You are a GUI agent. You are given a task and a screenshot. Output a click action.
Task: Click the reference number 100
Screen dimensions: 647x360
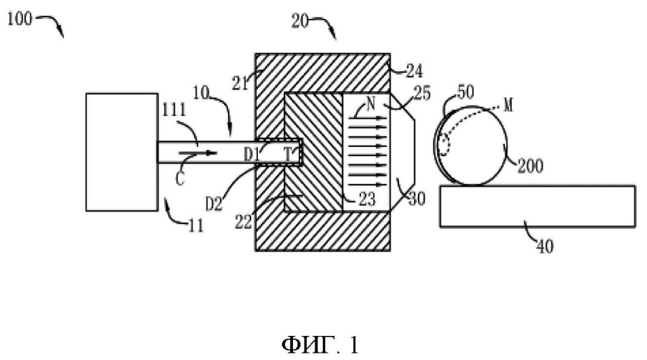click(x=19, y=18)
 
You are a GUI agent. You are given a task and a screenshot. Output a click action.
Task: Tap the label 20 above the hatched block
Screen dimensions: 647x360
click(x=300, y=21)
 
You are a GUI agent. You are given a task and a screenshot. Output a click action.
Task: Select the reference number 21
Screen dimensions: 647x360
click(x=241, y=84)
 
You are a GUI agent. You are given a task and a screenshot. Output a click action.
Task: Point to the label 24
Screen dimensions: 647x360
click(x=414, y=71)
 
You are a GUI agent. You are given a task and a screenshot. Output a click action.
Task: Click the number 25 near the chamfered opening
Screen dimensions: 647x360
click(x=422, y=93)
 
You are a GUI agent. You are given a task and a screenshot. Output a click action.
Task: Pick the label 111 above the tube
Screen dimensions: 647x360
click(x=174, y=109)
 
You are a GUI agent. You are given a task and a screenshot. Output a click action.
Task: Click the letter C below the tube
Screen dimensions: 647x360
click(x=180, y=179)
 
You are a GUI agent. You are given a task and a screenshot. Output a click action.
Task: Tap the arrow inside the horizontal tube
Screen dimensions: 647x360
click(x=197, y=153)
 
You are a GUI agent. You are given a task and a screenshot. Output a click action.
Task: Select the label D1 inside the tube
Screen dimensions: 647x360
click(x=252, y=154)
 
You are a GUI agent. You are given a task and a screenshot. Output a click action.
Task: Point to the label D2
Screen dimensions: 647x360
click(x=214, y=203)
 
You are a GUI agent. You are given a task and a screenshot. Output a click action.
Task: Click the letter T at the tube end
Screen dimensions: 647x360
click(x=289, y=154)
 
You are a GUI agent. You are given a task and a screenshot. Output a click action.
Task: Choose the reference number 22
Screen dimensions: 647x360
click(x=243, y=222)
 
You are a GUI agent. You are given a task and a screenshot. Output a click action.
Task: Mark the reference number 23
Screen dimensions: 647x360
click(x=367, y=200)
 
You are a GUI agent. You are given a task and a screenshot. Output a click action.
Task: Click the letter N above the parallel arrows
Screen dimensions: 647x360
click(x=371, y=103)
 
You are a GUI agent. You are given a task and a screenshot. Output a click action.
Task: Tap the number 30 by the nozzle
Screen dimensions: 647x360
click(x=416, y=199)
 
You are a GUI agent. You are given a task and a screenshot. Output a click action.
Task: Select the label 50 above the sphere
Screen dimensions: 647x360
click(x=465, y=91)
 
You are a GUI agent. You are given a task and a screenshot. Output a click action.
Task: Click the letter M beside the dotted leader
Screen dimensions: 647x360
click(x=508, y=105)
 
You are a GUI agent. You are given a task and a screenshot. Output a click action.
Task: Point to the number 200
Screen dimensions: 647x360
click(x=530, y=166)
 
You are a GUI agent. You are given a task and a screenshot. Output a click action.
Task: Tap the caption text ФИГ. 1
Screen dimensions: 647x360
click(x=320, y=344)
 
